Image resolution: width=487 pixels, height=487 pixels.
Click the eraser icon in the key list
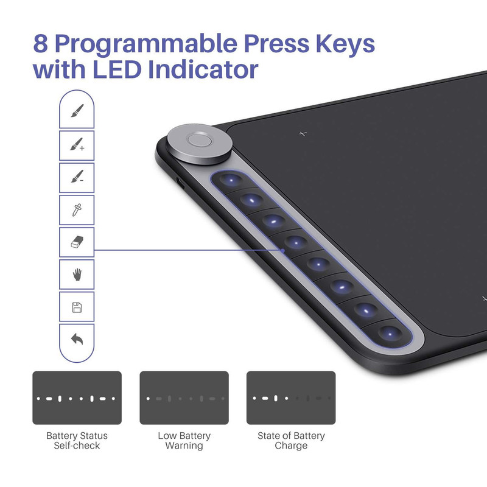77,242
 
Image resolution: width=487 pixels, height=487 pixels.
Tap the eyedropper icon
77,210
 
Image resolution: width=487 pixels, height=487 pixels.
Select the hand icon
77,275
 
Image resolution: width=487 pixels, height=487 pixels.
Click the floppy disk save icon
77,307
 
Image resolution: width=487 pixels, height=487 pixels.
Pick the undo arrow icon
77,339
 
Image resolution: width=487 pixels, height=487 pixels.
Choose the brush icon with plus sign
77,144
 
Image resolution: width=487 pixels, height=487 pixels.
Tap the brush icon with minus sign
77,176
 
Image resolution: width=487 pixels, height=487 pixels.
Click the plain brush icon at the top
77,111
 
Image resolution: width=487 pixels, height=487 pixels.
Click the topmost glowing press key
231,180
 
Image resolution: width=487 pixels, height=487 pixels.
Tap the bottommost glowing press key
390,334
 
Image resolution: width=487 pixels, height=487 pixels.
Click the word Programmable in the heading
145,43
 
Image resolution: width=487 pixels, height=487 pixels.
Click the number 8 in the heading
41,43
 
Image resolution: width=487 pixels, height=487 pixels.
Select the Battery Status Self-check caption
77,440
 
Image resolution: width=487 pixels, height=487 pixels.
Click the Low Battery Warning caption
184,440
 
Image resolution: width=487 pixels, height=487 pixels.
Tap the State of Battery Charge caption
291,440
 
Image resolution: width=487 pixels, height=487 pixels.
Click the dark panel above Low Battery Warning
184,398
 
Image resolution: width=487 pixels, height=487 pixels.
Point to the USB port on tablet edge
180,183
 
